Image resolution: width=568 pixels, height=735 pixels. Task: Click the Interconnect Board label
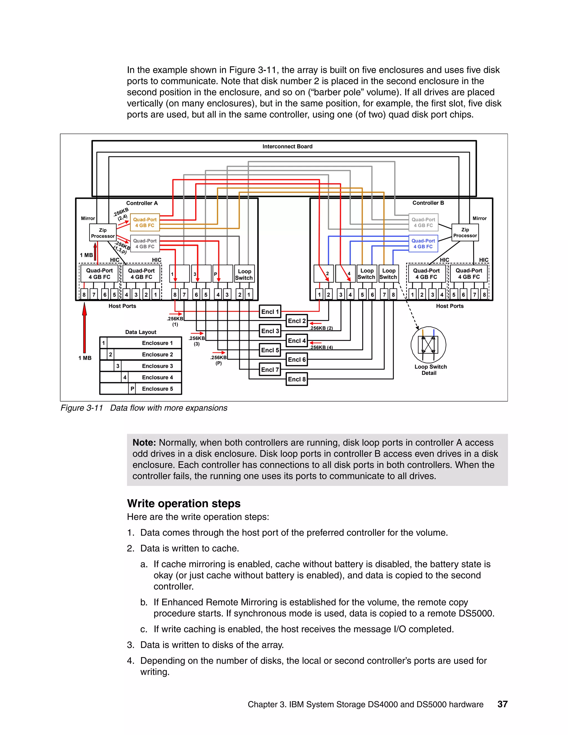click(287, 146)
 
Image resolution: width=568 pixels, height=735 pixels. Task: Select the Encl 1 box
click(270, 312)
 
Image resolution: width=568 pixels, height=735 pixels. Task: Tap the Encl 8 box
click(296, 379)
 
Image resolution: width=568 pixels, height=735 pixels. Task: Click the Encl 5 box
click(270, 350)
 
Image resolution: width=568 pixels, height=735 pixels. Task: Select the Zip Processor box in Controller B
click(465, 232)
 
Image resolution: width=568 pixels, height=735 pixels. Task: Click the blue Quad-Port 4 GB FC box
click(423, 244)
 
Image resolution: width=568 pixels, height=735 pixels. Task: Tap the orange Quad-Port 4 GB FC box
click(145, 222)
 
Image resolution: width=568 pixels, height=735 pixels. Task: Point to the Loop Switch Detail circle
click(428, 344)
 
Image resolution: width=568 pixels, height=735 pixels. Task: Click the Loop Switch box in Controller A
click(244, 274)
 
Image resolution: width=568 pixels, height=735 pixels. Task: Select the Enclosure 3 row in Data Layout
click(141, 366)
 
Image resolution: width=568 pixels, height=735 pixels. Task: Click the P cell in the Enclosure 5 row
click(132, 389)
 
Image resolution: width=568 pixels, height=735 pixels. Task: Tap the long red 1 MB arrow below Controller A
click(85, 328)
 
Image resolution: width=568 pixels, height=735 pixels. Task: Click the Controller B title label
click(428, 203)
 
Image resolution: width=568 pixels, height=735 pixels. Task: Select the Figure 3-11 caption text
click(144, 408)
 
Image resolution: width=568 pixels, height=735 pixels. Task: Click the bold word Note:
click(144, 443)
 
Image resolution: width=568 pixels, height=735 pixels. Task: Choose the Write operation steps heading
click(184, 503)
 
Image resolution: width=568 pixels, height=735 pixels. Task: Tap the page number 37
click(502, 704)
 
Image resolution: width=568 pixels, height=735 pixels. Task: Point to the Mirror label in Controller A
click(88, 218)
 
